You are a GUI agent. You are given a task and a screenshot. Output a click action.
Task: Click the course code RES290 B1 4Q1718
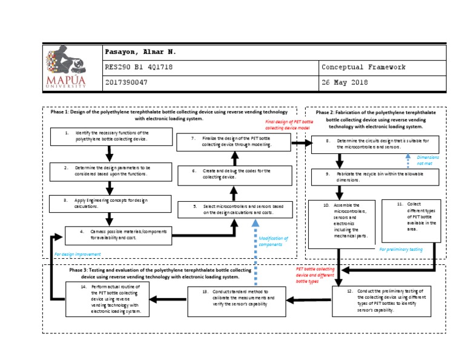coord(139,67)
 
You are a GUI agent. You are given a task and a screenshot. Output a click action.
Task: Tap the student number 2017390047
coord(127,82)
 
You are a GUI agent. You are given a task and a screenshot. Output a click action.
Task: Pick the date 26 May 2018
coord(345,82)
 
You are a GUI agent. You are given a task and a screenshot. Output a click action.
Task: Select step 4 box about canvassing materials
coord(118,235)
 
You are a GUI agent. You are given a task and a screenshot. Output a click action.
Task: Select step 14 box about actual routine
coord(108,298)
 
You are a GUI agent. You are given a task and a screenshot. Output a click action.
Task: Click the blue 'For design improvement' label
coord(77,255)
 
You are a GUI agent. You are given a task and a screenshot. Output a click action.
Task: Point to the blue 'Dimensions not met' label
coord(427,160)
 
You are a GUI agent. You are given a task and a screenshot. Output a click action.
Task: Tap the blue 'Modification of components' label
coord(273,241)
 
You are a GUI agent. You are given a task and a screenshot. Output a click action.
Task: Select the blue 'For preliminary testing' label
coord(401,249)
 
